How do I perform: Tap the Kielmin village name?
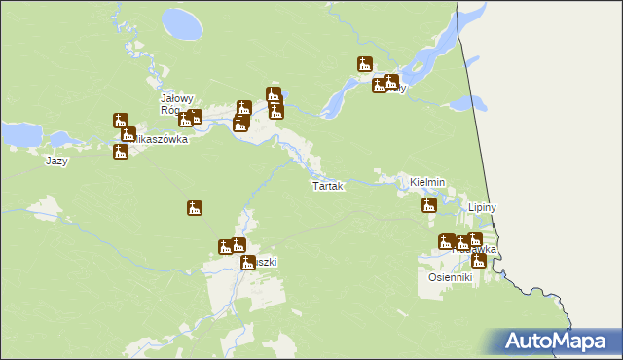(x=427, y=182)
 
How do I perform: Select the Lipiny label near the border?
(x=483, y=208)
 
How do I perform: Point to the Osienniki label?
(x=451, y=277)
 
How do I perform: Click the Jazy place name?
(x=56, y=161)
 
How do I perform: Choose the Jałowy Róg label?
(x=179, y=105)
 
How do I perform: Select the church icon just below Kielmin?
(x=428, y=205)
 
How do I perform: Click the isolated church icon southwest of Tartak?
(x=195, y=208)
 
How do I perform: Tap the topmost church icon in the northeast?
(x=365, y=65)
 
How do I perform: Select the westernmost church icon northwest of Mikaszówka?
(x=121, y=121)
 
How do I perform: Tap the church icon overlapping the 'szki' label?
(x=248, y=262)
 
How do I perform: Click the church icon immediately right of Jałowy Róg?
(x=195, y=118)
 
